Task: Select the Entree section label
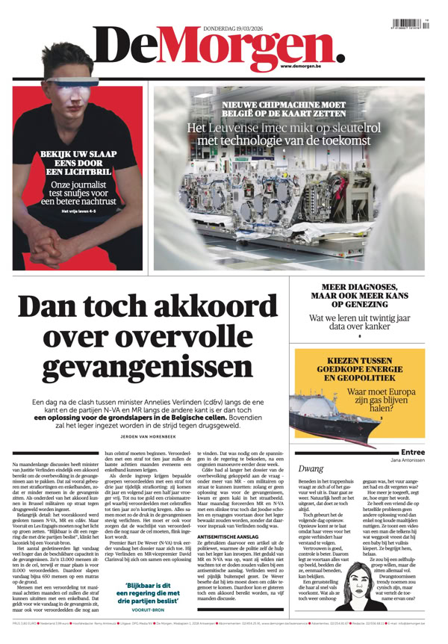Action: pyautogui.click(x=413, y=452)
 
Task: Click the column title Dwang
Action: pyautogui.click(x=311, y=468)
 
